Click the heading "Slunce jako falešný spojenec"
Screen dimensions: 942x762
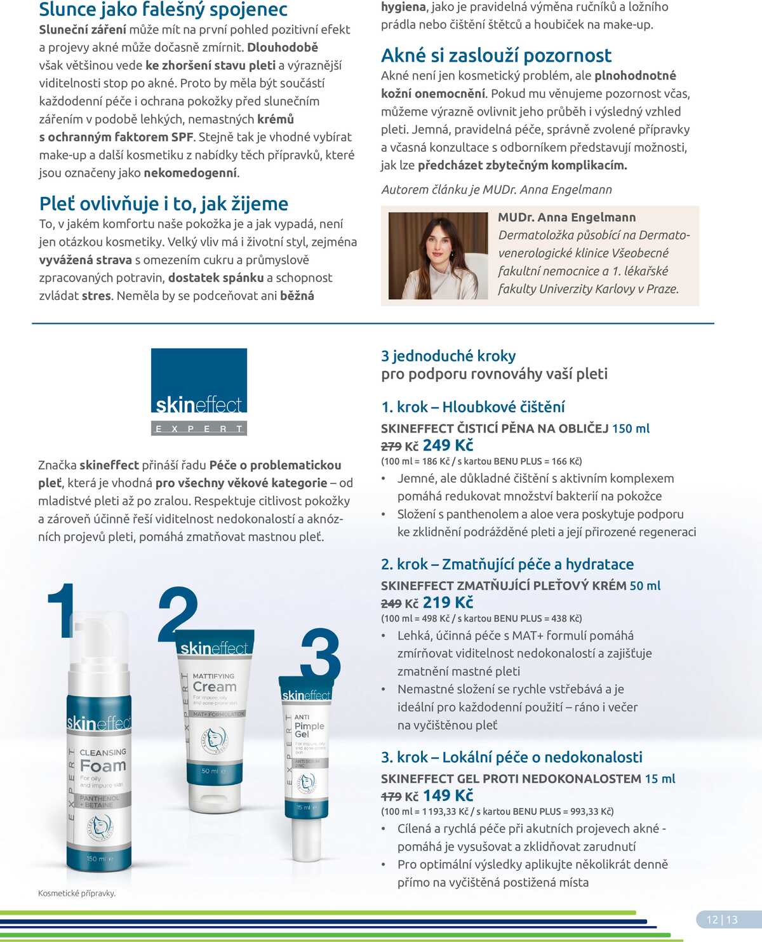click(163, 10)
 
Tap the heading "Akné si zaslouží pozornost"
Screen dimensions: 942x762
click(496, 56)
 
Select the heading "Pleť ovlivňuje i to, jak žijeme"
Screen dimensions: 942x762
click(163, 204)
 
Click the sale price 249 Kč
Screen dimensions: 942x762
click(448, 445)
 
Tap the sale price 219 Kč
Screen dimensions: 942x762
click(448, 603)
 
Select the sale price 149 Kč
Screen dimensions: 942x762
click(448, 796)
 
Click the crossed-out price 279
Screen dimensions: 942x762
click(391, 447)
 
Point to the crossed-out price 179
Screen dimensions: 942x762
click(391, 797)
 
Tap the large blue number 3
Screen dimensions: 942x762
click(321, 654)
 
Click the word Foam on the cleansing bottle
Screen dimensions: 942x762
click(103, 766)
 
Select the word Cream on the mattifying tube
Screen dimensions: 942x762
click(215, 687)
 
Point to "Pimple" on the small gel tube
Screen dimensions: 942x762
click(309, 725)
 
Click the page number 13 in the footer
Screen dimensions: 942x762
click(732, 919)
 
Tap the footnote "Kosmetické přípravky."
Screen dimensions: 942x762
click(77, 893)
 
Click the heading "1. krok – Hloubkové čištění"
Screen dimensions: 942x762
click(472, 407)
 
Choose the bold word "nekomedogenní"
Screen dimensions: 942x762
click(190, 173)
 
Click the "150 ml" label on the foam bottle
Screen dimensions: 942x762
click(97, 859)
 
